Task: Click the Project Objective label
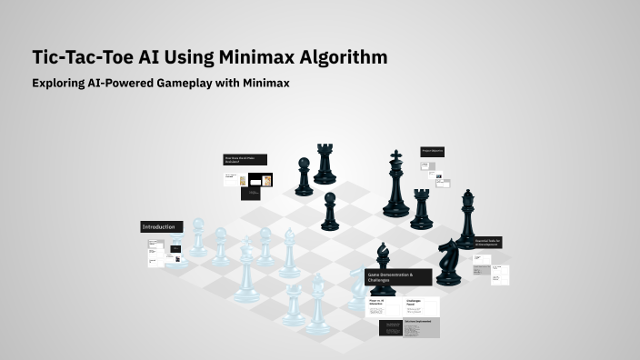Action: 432,150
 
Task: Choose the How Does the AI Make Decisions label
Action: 245,160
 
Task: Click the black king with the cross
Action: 395,186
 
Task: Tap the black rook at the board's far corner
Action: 325,165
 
